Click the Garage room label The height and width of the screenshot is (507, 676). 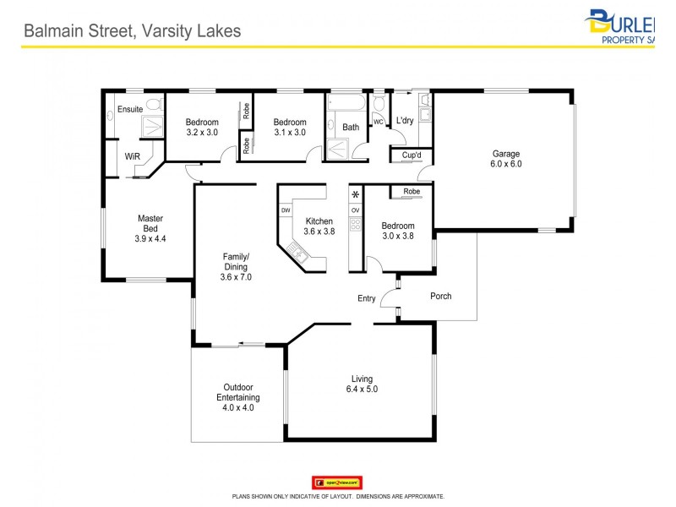coord(507,159)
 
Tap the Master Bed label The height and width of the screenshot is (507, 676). coord(150,228)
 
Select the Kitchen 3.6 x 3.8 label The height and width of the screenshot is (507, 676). coord(319,226)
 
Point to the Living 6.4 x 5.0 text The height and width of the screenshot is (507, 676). coord(363,384)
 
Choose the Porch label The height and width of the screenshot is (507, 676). coord(440,296)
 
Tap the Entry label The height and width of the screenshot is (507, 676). coord(367,298)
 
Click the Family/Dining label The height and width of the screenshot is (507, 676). coord(236,266)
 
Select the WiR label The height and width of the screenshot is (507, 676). coord(132,156)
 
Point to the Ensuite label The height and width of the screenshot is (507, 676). coord(130,109)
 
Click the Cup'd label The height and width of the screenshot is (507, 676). coord(412,155)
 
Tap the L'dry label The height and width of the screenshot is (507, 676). coord(405,121)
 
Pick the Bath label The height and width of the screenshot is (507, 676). coord(351,128)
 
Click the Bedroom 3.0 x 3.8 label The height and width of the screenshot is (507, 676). coord(398,231)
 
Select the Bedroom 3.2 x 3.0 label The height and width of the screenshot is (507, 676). coord(202,127)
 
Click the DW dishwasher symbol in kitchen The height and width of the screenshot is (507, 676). coord(286,210)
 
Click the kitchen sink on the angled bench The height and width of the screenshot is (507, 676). coord(297,250)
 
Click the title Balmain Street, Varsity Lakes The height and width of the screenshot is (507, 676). coord(132,31)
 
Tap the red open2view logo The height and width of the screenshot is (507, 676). coord(337,482)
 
